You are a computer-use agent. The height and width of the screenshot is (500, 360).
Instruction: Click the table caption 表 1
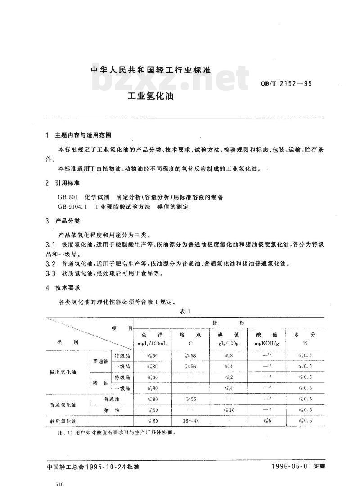click(x=186, y=311)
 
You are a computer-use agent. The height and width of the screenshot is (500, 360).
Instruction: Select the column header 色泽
click(x=153, y=335)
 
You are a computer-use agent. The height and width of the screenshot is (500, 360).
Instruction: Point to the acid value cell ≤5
click(x=266, y=420)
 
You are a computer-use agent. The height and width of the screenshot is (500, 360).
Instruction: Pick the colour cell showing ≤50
click(x=153, y=409)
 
